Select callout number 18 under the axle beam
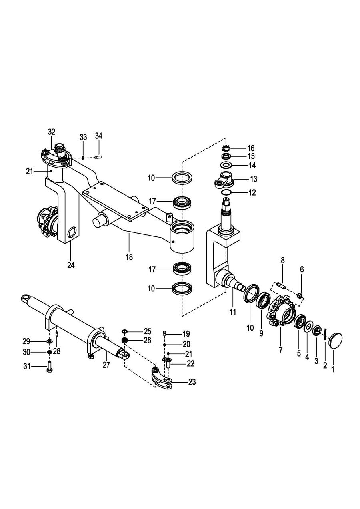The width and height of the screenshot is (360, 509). coord(130,257)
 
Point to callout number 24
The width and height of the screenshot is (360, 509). coord(71,265)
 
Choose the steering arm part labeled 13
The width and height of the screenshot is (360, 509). coord(224,180)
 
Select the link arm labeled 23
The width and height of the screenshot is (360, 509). coord(162,379)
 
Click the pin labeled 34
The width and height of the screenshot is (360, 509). coord(99,157)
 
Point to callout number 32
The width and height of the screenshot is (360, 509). coord(52,132)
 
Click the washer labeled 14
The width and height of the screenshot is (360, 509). coord(226,165)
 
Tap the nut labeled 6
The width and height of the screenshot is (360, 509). coord(299,295)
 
